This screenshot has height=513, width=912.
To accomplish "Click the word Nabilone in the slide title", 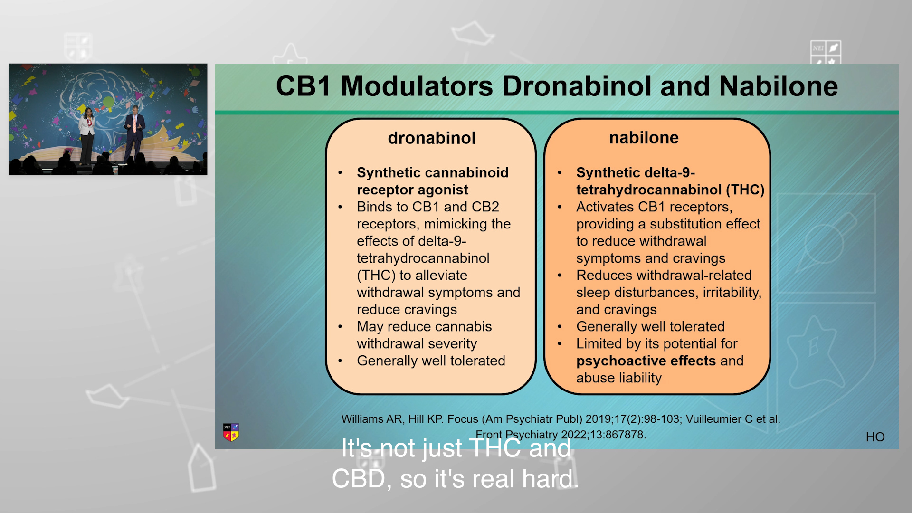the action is click(x=779, y=86).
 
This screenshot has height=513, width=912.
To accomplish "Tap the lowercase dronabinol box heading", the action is click(x=432, y=138).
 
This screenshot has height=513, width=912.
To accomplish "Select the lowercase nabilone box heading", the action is click(x=644, y=138).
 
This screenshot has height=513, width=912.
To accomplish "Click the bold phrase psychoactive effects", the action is click(x=646, y=361).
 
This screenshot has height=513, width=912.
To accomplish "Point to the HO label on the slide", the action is click(x=875, y=437).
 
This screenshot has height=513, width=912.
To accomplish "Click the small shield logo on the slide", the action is click(x=231, y=432).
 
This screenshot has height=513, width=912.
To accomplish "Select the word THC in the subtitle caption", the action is click(x=495, y=448).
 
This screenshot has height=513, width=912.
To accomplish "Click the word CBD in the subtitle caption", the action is click(x=358, y=479).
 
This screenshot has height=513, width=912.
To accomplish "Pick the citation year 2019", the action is click(x=599, y=419).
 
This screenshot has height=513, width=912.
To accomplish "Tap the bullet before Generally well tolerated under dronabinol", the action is click(x=340, y=361).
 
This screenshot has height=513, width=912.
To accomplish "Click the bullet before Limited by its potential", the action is click(x=560, y=344).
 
